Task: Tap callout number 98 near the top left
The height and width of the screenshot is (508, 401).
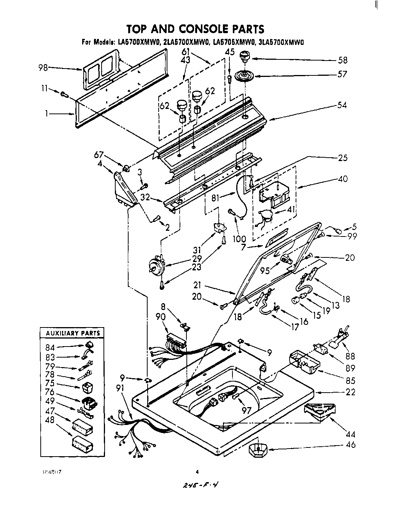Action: [x=43, y=68]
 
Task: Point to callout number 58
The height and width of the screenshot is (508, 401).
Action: [x=342, y=60]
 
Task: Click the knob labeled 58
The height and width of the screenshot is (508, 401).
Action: [x=243, y=58]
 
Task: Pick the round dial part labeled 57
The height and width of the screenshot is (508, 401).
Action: [x=243, y=75]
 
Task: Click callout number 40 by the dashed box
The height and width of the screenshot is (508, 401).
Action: [x=342, y=178]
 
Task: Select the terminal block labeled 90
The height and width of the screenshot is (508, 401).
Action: [x=176, y=341]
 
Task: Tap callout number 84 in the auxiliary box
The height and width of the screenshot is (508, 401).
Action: [x=50, y=347]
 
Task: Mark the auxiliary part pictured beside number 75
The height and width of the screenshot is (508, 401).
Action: [x=87, y=388]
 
